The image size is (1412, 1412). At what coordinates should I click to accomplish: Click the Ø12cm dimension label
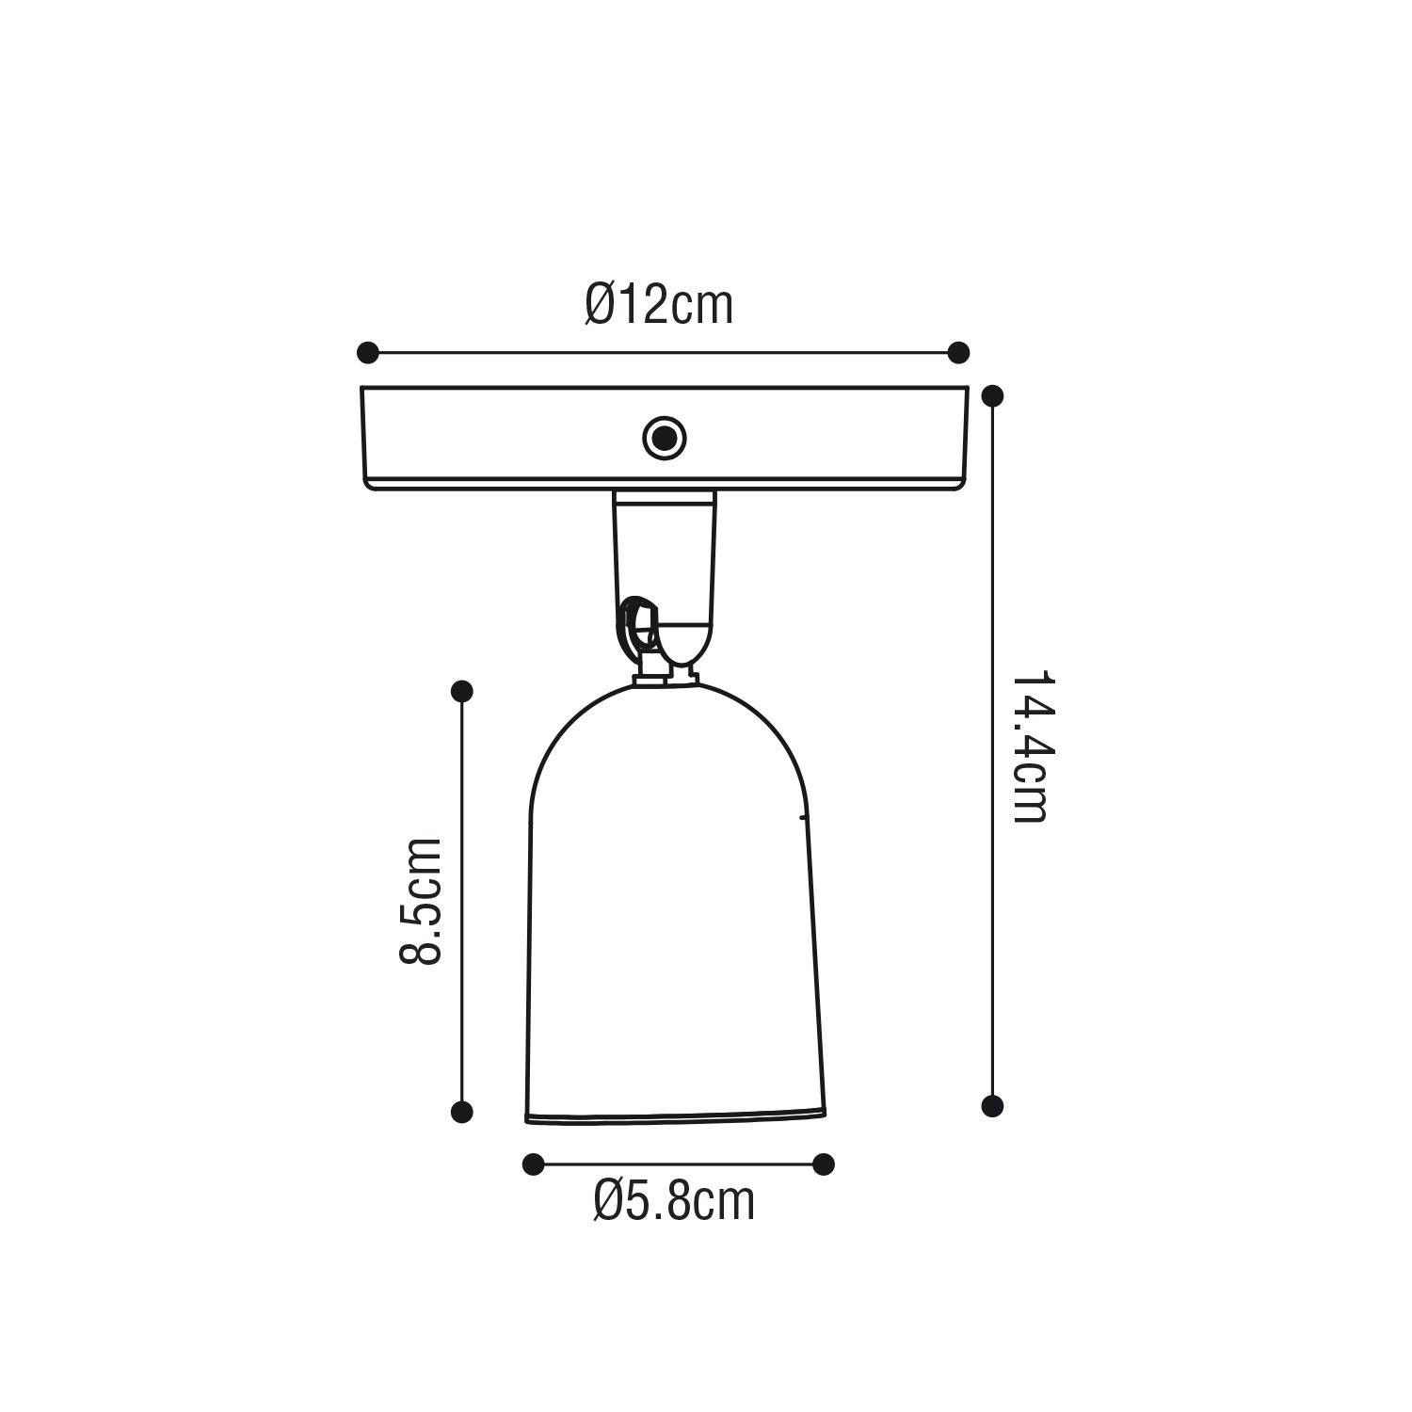coord(659,304)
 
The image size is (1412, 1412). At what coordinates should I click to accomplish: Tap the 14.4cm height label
coord(1030,747)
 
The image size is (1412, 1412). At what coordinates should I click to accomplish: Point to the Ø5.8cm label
coord(674,1201)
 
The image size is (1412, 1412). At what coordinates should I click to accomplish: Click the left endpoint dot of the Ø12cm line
coord(368,353)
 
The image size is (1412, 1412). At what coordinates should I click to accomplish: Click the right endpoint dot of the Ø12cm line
coord(958,353)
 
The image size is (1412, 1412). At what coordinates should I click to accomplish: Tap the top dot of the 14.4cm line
coord(992,395)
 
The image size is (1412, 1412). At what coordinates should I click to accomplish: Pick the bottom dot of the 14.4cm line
coord(992,1106)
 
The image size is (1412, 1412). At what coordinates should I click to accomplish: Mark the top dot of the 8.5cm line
coord(461,692)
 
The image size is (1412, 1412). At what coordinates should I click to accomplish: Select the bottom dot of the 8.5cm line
coord(461,1112)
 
